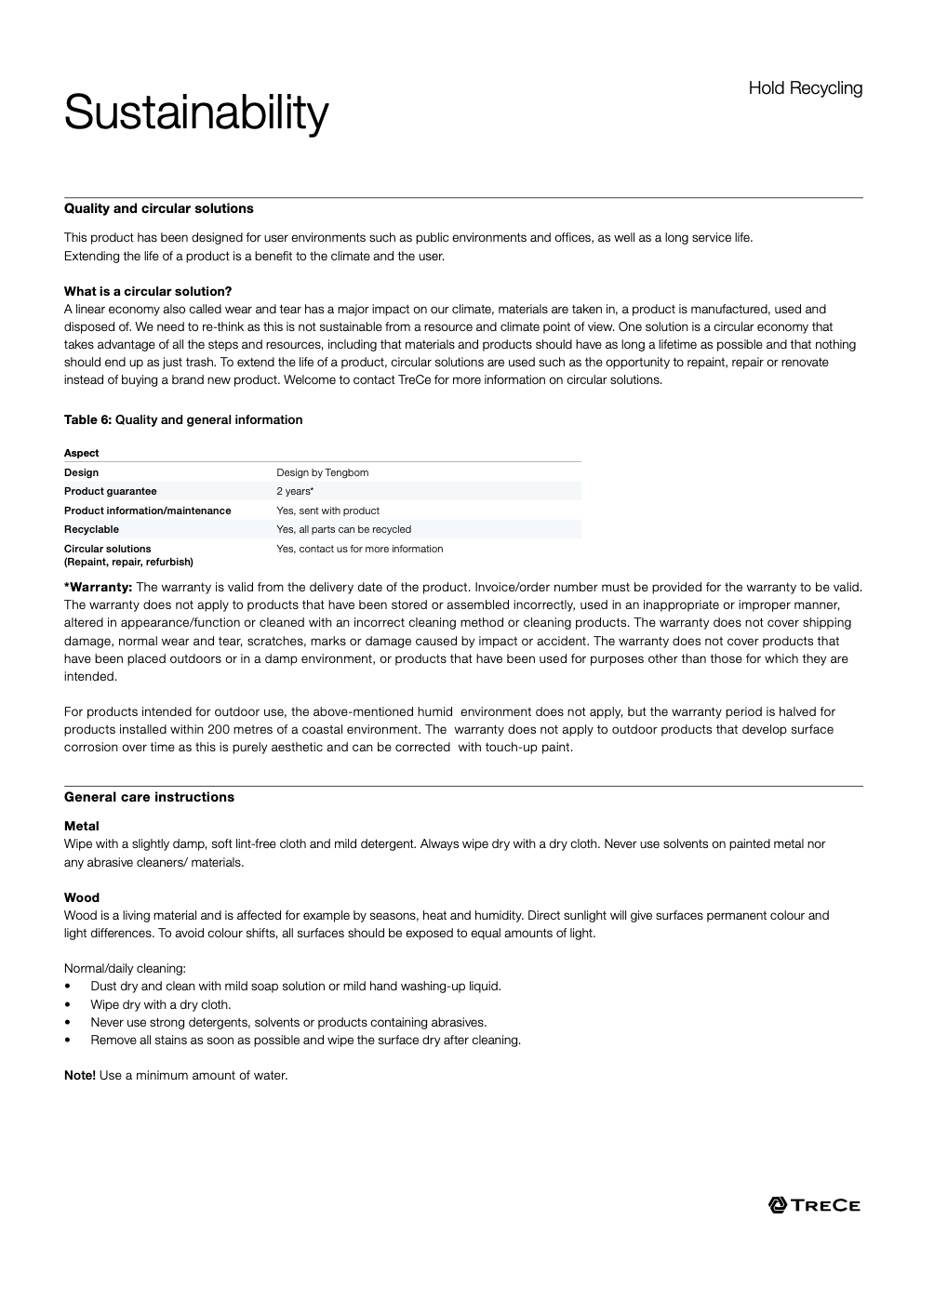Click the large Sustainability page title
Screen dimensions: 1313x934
pos(196,113)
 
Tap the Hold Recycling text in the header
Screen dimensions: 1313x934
pos(805,88)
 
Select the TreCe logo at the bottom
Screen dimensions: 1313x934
pos(814,1205)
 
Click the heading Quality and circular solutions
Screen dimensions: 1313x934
pos(159,208)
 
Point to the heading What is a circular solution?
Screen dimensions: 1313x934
pos(148,291)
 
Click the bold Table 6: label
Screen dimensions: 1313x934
pos(87,419)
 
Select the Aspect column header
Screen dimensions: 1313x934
pos(82,453)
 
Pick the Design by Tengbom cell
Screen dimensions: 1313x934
pos(322,472)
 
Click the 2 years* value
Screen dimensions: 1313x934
pos(295,491)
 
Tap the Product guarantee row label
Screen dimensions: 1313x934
pos(111,491)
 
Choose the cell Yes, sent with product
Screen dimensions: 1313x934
pos(327,511)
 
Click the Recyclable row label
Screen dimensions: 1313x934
pos(91,529)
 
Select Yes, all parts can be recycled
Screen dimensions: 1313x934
pos(343,529)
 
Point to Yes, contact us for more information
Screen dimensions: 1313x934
pos(359,549)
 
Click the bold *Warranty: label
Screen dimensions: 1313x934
pos(99,587)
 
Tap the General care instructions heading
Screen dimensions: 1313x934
pos(149,797)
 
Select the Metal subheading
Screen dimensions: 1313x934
pos(82,826)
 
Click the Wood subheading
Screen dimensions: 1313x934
pos(82,897)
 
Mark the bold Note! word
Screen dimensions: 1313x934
pos(80,1075)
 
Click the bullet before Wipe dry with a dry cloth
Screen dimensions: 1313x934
pos(68,1004)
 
